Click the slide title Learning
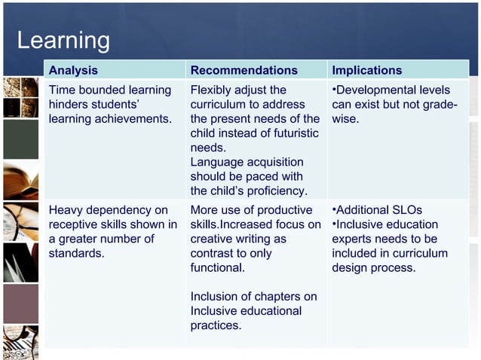(63, 40)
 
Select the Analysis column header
(73, 70)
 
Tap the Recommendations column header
(244, 70)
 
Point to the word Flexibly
(213, 90)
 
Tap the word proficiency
(273, 191)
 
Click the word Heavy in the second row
(66, 210)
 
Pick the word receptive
(75, 224)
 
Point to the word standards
(76, 253)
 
